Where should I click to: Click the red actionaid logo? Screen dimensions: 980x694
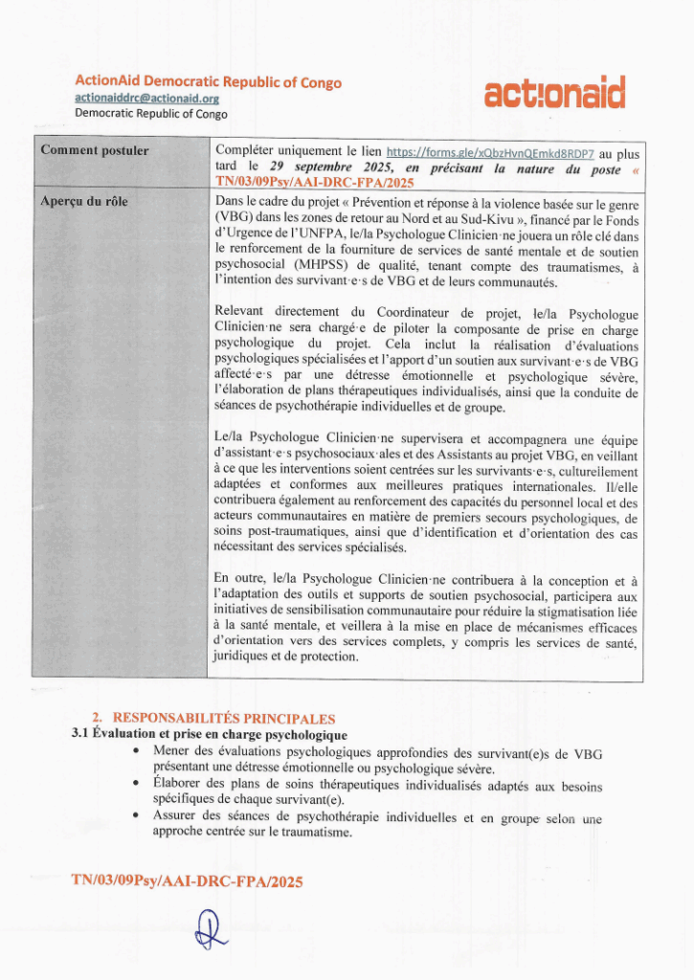point(555,94)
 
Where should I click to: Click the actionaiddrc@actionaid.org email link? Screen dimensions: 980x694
point(147,99)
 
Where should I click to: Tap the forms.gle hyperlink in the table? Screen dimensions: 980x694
point(490,153)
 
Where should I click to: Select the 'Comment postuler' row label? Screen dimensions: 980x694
point(95,151)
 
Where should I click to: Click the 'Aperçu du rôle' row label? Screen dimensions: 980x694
point(84,201)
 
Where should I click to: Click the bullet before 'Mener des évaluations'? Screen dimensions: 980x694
point(141,752)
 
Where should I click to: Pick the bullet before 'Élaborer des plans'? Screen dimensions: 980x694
point(141,785)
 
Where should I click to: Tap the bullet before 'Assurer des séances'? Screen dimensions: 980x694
point(141,816)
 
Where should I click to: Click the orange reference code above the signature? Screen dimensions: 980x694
point(187,880)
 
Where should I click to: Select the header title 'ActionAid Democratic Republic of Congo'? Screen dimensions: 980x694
point(208,82)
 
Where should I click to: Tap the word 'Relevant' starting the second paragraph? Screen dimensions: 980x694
point(241,312)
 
